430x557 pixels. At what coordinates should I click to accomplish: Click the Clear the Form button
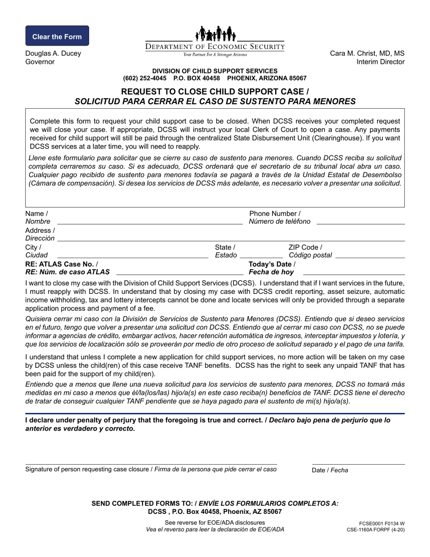pos(57,36)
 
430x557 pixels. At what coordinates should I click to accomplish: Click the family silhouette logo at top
pos(215,34)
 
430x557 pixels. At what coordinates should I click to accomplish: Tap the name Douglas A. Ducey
pos(53,53)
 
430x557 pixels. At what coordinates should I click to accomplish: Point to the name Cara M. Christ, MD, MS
pos(367,53)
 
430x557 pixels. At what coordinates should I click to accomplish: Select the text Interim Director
pos(380,62)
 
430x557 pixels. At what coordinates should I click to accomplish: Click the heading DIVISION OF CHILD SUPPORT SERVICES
pos(215,71)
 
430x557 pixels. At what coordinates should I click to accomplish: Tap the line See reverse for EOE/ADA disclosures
pos(215,522)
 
